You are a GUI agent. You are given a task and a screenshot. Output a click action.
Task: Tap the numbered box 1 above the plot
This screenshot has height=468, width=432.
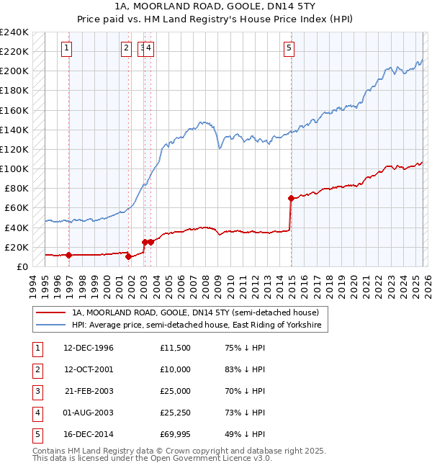(x=66, y=48)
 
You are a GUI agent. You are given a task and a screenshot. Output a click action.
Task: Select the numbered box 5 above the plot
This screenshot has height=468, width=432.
(x=289, y=48)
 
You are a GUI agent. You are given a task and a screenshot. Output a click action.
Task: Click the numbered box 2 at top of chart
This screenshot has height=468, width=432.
(x=126, y=48)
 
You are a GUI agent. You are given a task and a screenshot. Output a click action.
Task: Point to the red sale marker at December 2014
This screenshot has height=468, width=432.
(x=292, y=198)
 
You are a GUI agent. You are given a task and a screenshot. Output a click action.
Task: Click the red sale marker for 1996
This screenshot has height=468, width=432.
(x=69, y=255)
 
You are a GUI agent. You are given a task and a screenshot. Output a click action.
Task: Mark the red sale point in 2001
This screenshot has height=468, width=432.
(x=129, y=256)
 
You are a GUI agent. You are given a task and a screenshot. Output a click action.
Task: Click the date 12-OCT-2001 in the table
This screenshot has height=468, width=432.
(x=89, y=369)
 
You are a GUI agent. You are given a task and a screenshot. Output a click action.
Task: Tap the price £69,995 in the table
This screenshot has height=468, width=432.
(x=176, y=434)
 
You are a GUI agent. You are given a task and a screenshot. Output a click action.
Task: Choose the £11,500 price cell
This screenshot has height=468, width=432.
(x=176, y=348)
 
